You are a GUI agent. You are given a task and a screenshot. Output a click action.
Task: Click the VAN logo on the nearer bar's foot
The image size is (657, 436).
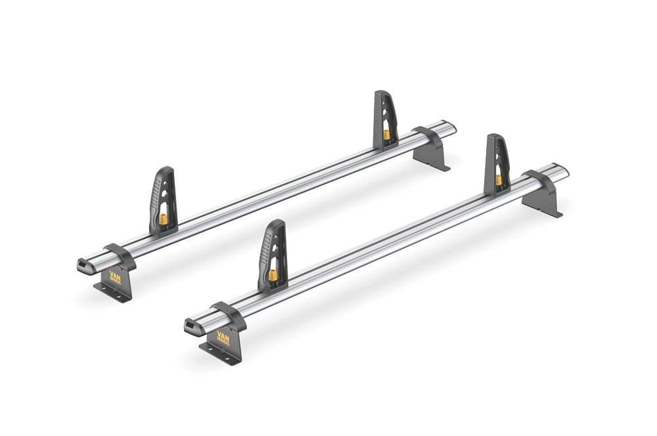[223, 340]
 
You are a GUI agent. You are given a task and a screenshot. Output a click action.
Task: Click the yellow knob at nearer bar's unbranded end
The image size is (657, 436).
[499, 179]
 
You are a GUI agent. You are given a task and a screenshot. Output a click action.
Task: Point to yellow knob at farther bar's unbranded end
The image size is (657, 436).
[386, 134]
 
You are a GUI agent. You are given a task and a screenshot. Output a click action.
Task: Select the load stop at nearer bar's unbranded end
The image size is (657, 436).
[497, 165]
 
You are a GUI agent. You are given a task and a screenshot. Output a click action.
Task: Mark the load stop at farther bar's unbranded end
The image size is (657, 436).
[385, 121]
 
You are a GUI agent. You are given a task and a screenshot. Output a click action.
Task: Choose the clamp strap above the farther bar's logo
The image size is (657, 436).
[120, 253]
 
